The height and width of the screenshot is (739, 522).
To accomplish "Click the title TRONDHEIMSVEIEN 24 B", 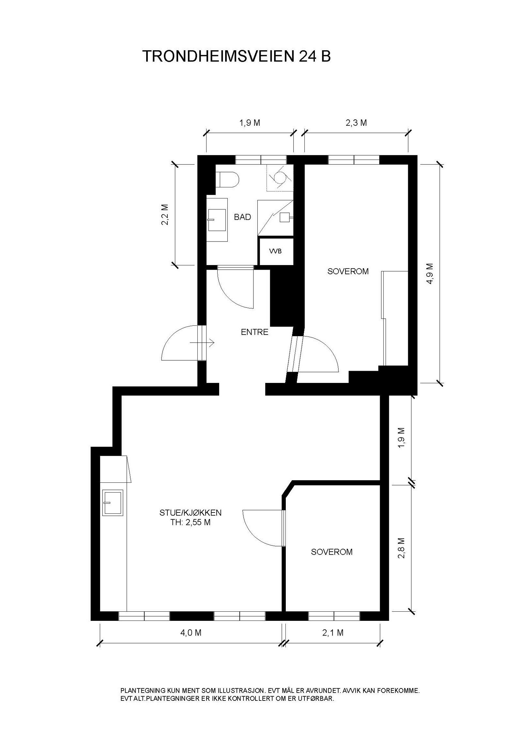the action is coord(237,56).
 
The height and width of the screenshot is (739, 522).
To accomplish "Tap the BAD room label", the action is coord(242,217).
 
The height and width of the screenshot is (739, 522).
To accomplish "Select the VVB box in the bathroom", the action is coord(276,251).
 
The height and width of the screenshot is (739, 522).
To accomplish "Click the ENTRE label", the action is coord(254,332).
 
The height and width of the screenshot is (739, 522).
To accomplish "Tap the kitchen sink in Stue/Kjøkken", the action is coord(113,503).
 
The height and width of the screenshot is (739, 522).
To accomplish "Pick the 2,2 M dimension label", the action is coord(165,215).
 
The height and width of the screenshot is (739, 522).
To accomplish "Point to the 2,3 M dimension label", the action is coord(356,123).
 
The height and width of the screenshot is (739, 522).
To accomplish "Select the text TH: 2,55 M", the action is coord(191,522).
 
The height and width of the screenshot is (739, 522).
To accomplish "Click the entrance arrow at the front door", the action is coord(202,343).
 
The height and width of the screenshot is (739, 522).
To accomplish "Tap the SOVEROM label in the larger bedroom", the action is coord(348,271).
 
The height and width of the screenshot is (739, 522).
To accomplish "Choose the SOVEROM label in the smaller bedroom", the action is coord(332,552).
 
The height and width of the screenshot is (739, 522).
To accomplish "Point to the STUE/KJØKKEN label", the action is coord(191,512).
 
